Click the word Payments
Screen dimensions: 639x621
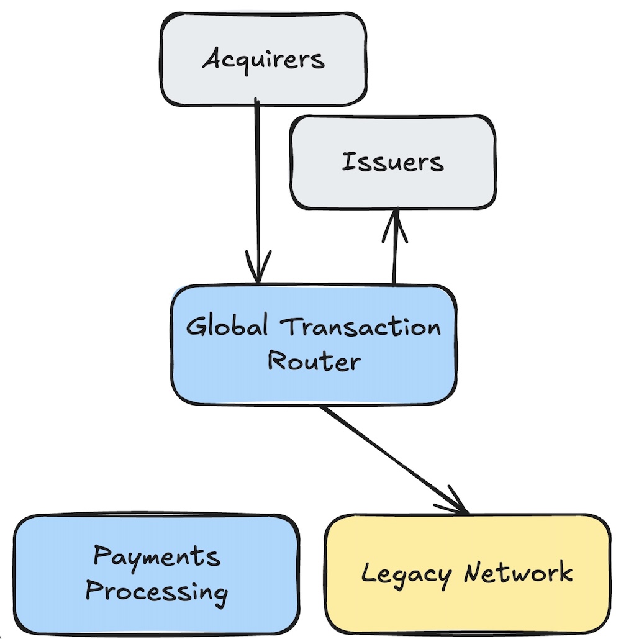coord(156,556)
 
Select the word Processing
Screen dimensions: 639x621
coord(156,591)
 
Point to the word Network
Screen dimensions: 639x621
coord(517,571)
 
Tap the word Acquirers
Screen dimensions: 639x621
coord(263,60)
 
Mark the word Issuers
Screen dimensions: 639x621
coord(392,162)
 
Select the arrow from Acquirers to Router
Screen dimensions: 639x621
coord(256,186)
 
